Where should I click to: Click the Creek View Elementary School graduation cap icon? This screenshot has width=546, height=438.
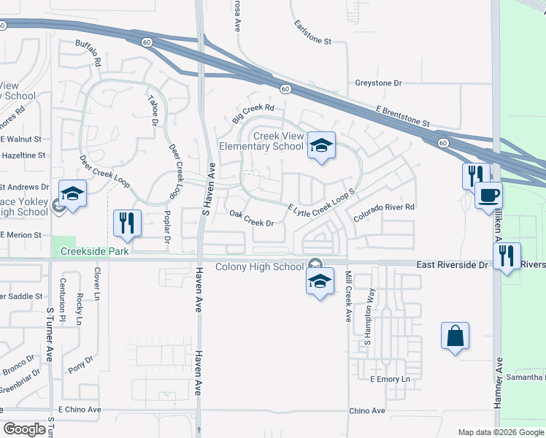pyautogui.click(x=320, y=145)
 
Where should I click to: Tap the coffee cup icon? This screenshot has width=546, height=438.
pyautogui.click(x=488, y=196)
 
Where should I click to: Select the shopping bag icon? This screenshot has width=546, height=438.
pyautogui.click(x=455, y=337)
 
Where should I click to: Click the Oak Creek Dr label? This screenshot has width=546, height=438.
pyautogui.click(x=251, y=218)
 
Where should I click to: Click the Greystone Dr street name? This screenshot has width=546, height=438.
pyautogui.click(x=378, y=83)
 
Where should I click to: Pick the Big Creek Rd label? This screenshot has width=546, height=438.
pyautogui.click(x=253, y=113)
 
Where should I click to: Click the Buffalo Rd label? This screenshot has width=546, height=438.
pyautogui.click(x=88, y=53)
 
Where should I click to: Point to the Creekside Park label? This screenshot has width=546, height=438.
pyautogui.click(x=94, y=251)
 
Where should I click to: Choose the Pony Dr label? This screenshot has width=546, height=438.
pyautogui.click(x=86, y=364)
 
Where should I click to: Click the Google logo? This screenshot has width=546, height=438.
pyautogui.click(x=24, y=429)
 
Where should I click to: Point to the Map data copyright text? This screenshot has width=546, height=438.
pyautogui.click(x=501, y=432)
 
